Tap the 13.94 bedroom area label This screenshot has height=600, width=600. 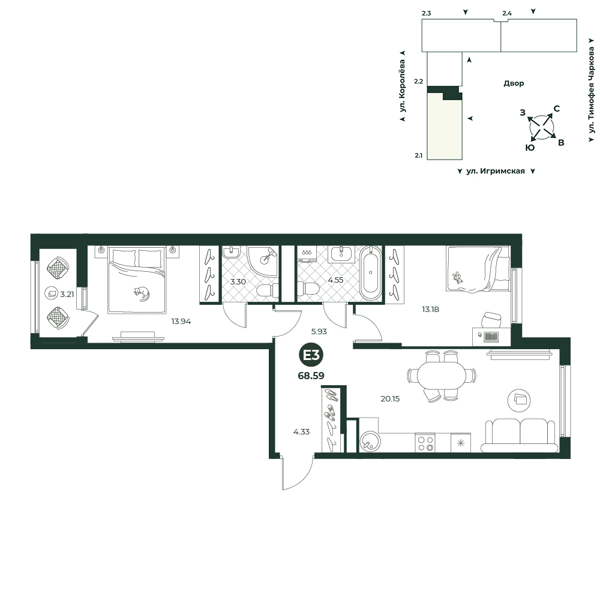click(181, 322)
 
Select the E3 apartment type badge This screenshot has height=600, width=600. click(311, 355)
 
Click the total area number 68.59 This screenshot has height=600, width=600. click(311, 376)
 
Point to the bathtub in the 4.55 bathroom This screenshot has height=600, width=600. click(370, 273)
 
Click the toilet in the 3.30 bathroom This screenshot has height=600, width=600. click(268, 291)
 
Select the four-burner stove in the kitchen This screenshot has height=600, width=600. click(425, 443)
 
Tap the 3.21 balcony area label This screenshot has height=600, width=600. click(67, 295)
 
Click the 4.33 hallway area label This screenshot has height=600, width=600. click(302, 432)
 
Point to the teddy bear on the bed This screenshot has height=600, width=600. click(457, 278)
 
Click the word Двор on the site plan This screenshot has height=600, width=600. click(514, 83)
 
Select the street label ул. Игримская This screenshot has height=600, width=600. click(496, 171)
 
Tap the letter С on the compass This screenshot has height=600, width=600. click(557, 109)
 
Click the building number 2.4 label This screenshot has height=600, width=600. click(507, 13)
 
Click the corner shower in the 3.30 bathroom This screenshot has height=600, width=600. click(263, 261)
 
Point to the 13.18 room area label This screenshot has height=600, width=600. click(430, 310)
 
